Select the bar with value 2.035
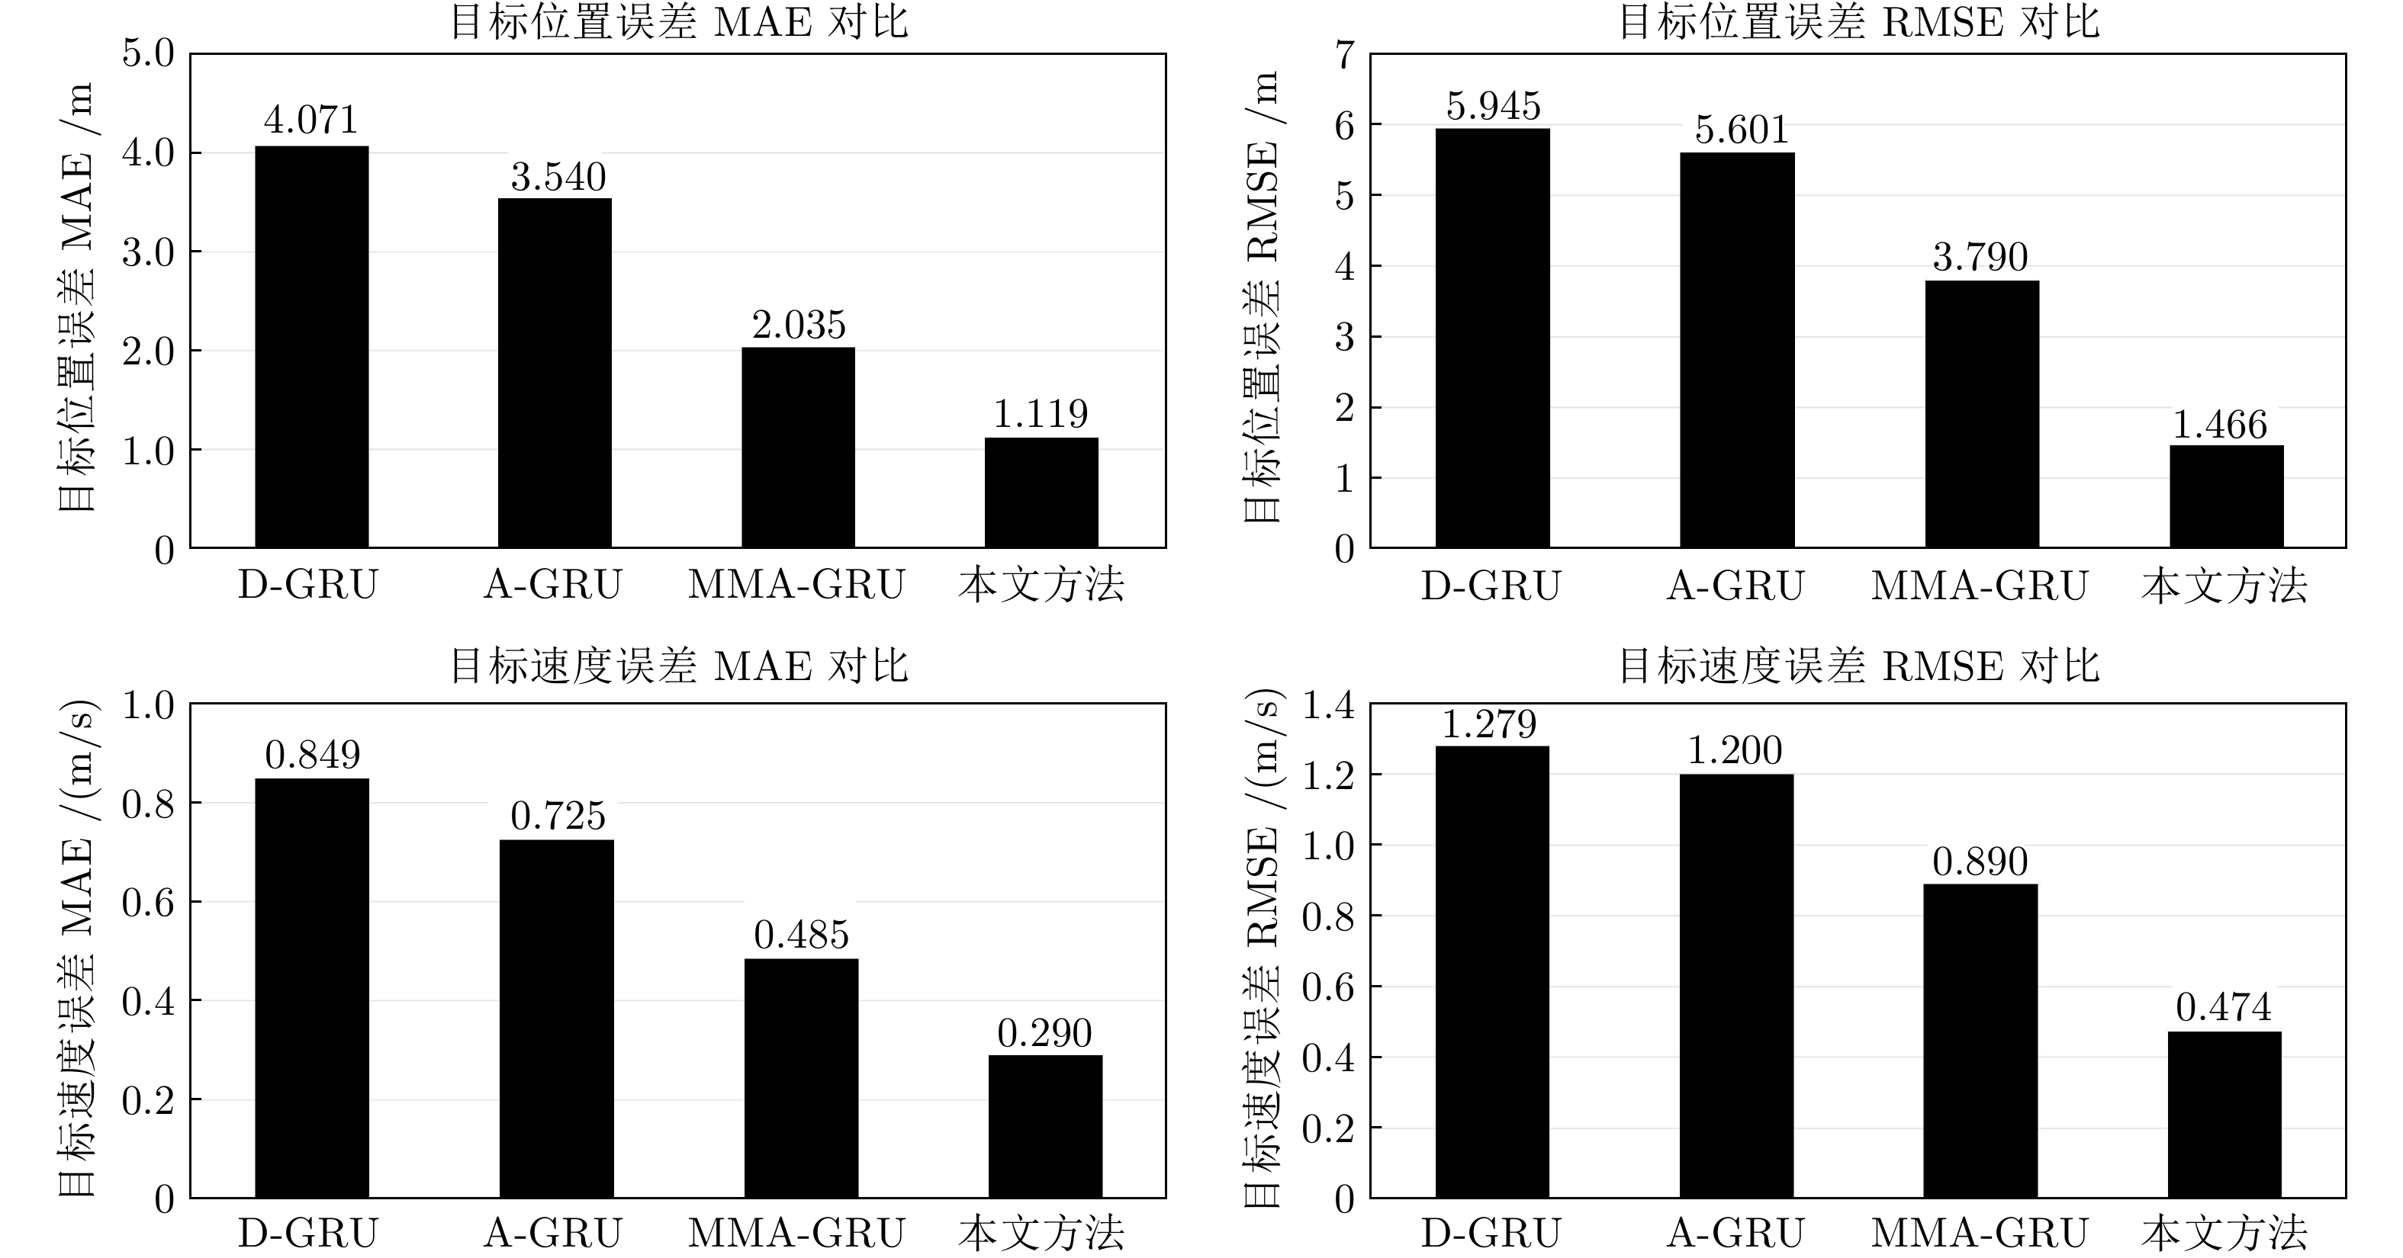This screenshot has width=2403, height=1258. click(798, 448)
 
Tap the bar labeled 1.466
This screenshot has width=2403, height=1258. click(2226, 496)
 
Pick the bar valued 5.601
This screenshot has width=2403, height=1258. click(1737, 350)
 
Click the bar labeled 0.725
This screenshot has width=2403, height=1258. click(556, 1019)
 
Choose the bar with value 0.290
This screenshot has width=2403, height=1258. click(1045, 1127)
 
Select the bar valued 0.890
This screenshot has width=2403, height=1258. click(1980, 1041)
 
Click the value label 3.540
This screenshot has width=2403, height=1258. click(558, 177)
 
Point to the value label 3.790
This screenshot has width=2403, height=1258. click(1980, 258)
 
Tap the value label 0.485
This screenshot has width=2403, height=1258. click(801, 935)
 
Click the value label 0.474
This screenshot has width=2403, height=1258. click(2224, 1008)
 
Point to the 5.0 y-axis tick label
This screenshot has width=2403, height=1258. click(148, 54)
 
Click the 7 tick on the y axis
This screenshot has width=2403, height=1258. click(1344, 56)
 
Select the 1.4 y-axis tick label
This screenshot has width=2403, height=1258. click(1328, 706)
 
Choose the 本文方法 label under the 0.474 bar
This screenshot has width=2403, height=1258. click(2224, 1234)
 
